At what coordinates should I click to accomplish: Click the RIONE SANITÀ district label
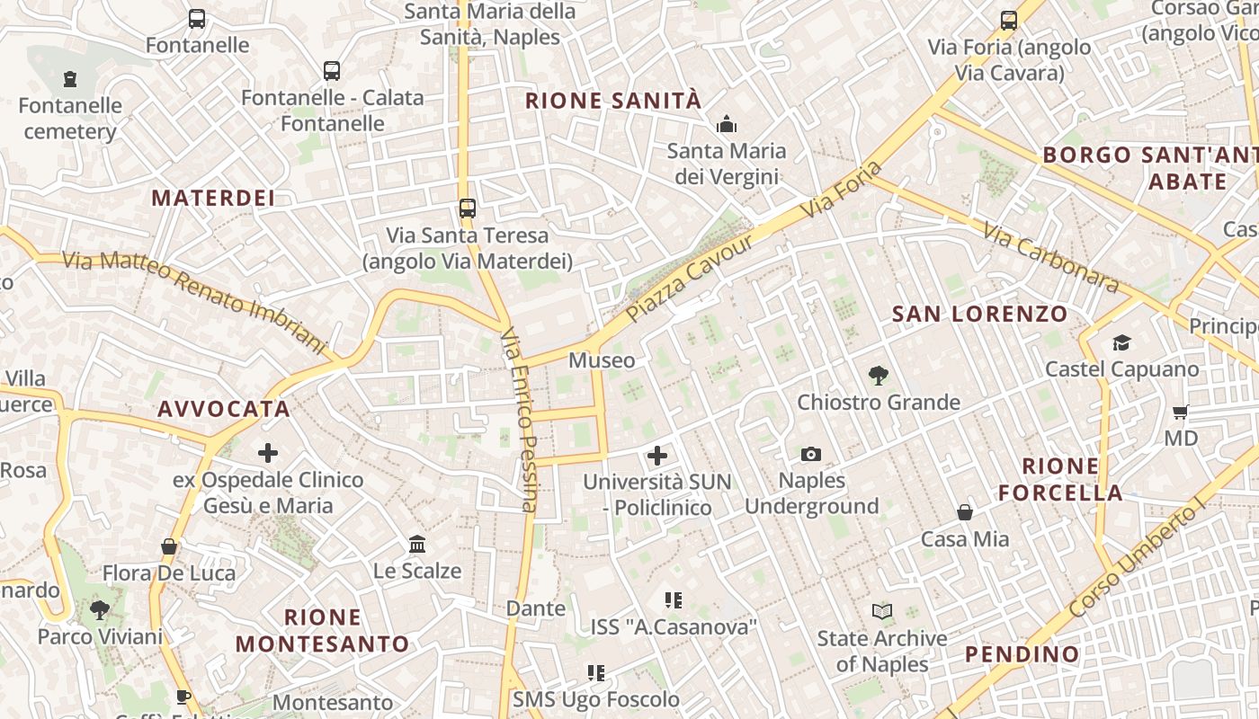click(x=612, y=101)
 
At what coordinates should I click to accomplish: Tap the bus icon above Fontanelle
click(x=196, y=18)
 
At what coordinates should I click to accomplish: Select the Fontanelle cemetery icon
click(x=70, y=79)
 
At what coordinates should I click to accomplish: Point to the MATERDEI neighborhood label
click(x=213, y=199)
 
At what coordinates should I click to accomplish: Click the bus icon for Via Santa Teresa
click(x=467, y=209)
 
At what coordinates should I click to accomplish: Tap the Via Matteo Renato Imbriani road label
click(x=193, y=301)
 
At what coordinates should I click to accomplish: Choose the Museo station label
click(x=602, y=360)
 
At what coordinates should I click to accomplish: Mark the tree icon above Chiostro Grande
click(x=879, y=376)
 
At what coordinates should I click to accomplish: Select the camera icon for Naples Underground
click(x=811, y=454)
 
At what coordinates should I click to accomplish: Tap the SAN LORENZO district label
click(x=979, y=315)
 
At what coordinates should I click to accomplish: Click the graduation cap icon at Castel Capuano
click(x=1121, y=342)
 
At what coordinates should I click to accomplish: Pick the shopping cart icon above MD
click(x=1180, y=412)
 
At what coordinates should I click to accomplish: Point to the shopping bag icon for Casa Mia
click(x=965, y=512)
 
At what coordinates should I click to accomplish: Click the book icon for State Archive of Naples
click(x=882, y=612)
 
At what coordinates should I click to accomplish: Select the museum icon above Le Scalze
click(x=417, y=544)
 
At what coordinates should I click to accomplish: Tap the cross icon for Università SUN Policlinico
click(x=657, y=456)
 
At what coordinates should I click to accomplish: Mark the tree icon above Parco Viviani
click(x=100, y=610)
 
